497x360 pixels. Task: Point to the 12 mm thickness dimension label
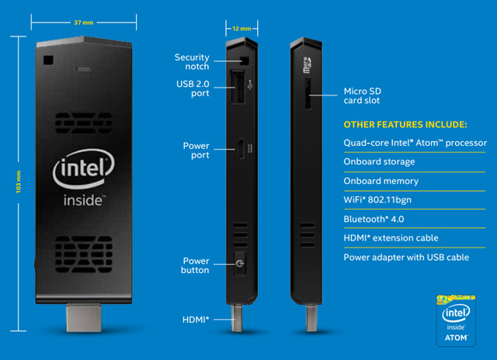pos(241,29)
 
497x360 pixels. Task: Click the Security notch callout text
pos(191,62)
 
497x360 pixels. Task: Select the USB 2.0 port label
pos(193,88)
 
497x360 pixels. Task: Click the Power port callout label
pos(196,151)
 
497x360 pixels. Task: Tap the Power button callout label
pos(195,265)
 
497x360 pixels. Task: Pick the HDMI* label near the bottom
pos(195,319)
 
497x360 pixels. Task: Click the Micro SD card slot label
pos(362,95)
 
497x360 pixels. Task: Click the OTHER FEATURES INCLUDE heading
pos(405,124)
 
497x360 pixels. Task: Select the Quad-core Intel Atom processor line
pos(415,143)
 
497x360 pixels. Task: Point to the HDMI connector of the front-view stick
pos(85,318)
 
